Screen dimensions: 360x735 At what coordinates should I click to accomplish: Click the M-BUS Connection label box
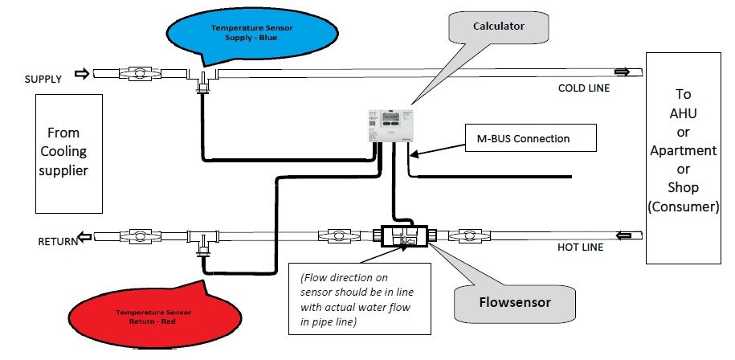530,138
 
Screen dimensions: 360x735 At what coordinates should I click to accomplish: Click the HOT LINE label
581,248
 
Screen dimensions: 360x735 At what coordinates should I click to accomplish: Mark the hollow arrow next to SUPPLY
80,74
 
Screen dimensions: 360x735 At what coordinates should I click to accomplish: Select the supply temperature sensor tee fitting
204,78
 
